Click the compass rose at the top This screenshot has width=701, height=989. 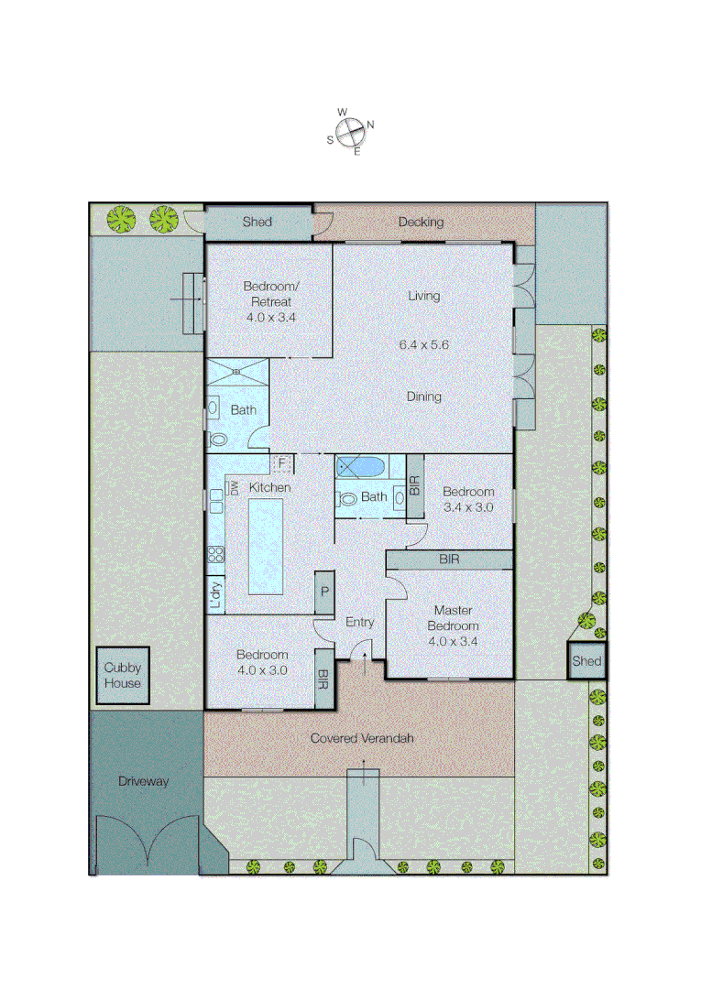(349, 132)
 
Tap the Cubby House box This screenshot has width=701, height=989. (122, 676)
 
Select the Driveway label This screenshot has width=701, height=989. (144, 781)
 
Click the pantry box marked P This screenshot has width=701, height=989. (324, 593)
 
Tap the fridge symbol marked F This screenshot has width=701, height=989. (282, 463)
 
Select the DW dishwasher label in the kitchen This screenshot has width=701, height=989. (234, 488)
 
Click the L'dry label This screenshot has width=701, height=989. (215, 595)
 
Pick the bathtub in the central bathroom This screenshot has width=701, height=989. (361, 468)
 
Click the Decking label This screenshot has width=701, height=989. (421, 222)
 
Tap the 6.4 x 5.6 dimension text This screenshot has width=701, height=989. (423, 344)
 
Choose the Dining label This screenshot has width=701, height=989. (424, 397)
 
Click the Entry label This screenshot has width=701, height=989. (359, 622)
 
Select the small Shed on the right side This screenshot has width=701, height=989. (586, 660)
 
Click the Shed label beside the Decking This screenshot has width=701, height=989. (257, 222)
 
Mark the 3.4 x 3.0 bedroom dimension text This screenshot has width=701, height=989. (468, 505)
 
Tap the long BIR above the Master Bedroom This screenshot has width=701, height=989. (449, 558)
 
